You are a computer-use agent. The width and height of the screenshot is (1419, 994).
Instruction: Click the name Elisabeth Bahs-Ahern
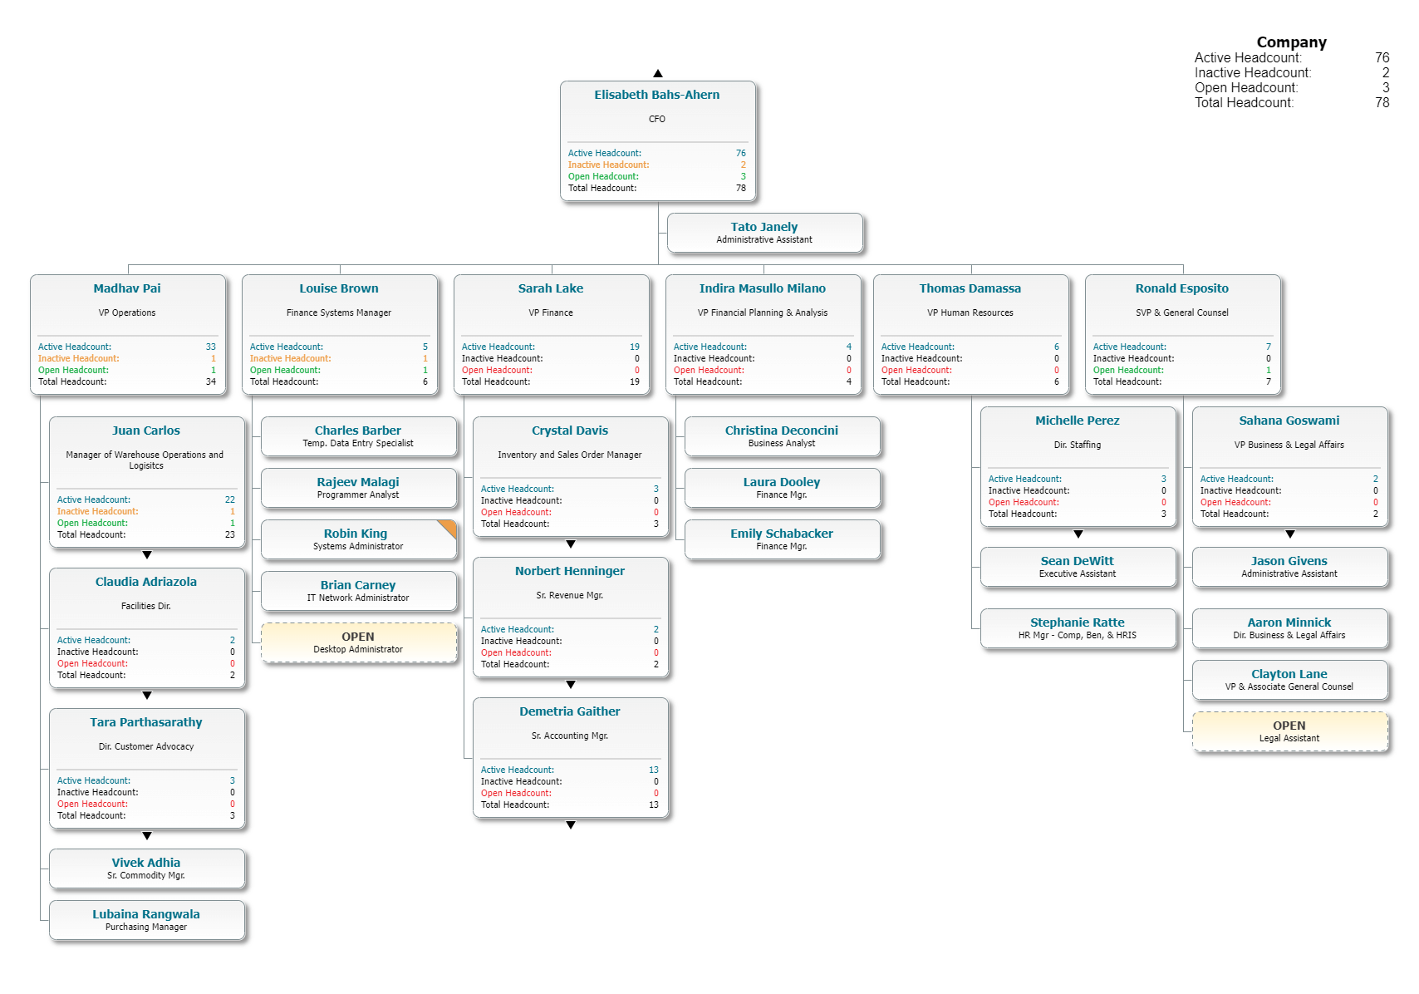pos(656,95)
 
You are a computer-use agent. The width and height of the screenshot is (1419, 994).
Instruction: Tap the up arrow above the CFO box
pos(658,74)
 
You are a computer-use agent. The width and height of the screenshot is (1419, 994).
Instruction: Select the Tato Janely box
pos(764,233)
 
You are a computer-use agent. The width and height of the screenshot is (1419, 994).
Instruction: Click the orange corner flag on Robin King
pos(449,527)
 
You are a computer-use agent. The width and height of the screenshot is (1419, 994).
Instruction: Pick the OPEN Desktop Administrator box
pos(358,642)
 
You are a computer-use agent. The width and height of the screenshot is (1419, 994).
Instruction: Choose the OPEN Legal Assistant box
pos(1289,731)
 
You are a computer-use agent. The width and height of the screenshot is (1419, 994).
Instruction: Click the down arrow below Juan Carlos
pos(147,554)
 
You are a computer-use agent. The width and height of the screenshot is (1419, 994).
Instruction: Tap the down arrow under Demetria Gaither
pos(571,825)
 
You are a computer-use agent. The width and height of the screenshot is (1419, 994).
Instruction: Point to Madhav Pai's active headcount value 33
pos(210,347)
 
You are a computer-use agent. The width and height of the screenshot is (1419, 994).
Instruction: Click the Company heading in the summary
pos(1291,42)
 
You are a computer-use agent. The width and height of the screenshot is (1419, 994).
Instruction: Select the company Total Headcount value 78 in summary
pos(1382,103)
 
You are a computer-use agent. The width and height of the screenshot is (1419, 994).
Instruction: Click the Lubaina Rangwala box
pos(146,920)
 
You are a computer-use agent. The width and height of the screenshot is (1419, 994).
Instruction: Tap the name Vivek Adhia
pos(146,863)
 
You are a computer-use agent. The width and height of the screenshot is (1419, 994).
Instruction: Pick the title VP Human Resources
pos(970,312)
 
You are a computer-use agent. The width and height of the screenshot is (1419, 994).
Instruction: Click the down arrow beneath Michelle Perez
pos(1078,534)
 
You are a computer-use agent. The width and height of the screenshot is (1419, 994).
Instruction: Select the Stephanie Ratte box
pos(1078,628)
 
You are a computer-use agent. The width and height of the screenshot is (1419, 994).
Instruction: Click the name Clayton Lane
pos(1289,674)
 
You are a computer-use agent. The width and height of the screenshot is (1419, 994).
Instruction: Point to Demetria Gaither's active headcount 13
pos(654,770)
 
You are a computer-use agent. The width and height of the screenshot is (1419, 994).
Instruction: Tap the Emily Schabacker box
pos(781,539)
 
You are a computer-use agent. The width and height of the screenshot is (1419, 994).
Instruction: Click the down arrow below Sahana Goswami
pos(1290,534)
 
